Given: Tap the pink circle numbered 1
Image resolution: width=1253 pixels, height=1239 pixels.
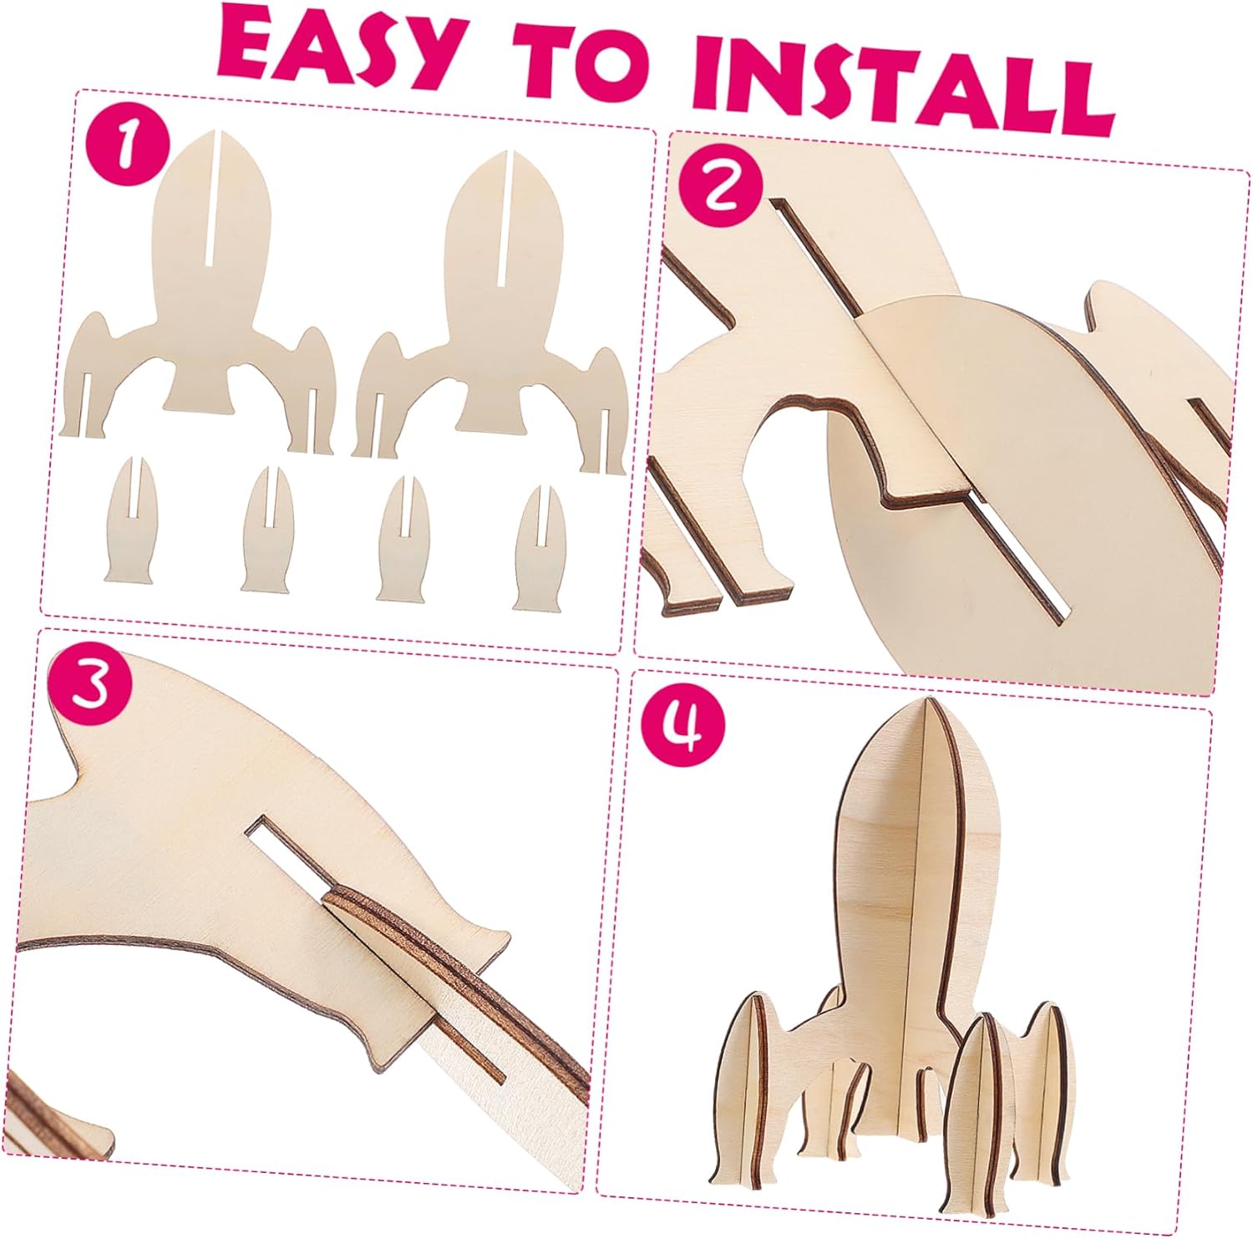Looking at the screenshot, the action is [125, 144].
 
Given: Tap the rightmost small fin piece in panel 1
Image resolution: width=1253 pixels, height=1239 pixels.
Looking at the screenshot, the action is [540, 547].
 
